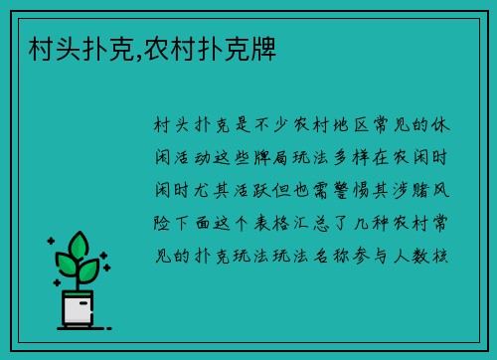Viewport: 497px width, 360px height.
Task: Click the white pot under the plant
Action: pos(78,307)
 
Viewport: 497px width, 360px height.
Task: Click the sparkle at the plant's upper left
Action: pos(51,242)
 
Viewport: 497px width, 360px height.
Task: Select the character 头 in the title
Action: pos(59,47)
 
